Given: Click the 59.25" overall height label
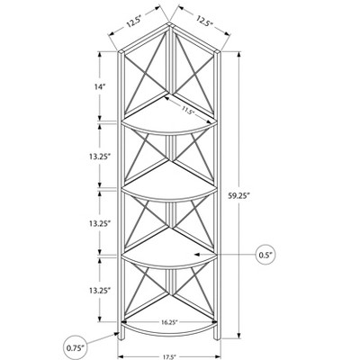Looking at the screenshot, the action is (239, 196).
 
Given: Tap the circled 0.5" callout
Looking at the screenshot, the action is (265, 255).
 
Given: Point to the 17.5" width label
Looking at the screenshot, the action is (169, 357).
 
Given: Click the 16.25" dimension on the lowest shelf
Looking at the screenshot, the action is (169, 322).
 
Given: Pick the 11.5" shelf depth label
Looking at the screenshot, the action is (187, 111).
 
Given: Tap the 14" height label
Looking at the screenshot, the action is (100, 87).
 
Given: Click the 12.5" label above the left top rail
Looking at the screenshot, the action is (133, 22).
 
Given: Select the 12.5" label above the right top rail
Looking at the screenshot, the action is (204, 21).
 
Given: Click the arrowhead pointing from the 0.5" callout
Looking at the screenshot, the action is (197, 255).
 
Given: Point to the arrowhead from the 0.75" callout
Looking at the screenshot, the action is (117, 334).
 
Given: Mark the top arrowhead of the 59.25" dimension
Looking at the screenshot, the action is (239, 55).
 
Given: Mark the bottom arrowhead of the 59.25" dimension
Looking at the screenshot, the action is (239, 335).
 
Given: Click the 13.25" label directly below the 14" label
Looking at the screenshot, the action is (100, 157).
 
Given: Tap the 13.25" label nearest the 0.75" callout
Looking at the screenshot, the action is (100, 290).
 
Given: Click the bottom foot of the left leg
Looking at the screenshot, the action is (121, 338).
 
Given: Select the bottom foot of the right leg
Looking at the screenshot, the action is (217, 338).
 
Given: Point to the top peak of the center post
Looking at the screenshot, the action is (169, 22).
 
